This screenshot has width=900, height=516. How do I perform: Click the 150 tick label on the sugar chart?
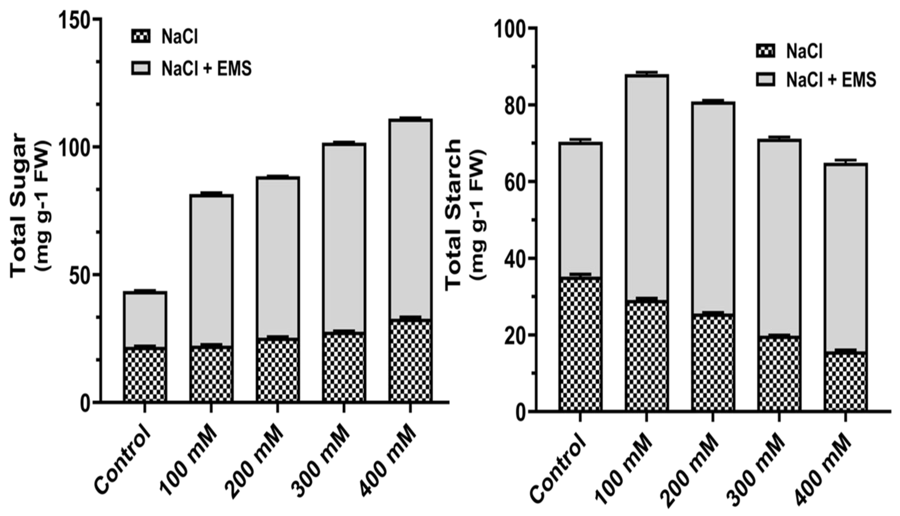[x=74, y=21]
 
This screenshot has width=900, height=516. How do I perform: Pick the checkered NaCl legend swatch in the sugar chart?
[x=141, y=36]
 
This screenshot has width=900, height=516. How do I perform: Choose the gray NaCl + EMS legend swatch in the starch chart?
[x=766, y=79]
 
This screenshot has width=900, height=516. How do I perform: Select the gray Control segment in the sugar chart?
[x=145, y=319]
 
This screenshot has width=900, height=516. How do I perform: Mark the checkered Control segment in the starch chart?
[x=580, y=344]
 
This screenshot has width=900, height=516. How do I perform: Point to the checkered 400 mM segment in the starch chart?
[x=845, y=381]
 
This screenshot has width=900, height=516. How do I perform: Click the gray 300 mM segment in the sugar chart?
[x=344, y=237]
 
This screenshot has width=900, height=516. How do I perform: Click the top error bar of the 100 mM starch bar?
[x=647, y=72]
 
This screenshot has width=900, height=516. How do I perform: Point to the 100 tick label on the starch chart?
[x=510, y=29]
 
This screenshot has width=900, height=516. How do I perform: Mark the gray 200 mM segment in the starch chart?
[x=713, y=207]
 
